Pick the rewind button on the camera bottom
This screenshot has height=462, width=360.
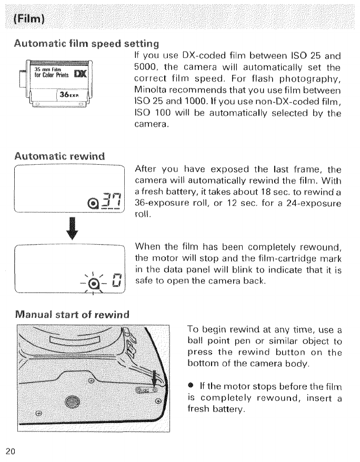pos(145,390)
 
